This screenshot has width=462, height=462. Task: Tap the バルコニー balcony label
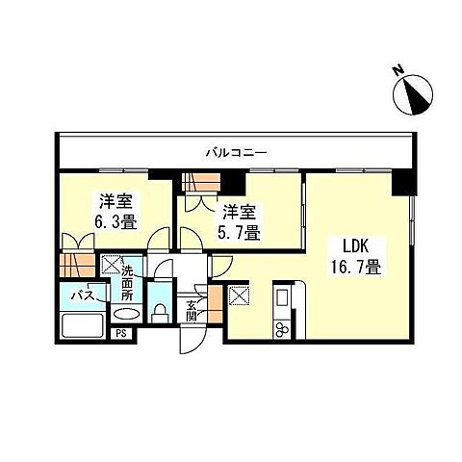tap(235, 151)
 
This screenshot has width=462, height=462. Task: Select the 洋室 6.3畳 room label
tap(115, 211)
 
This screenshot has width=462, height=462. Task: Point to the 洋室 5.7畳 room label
tap(238, 222)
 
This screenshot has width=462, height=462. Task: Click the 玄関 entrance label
tap(191, 310)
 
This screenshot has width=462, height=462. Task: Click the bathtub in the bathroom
tap(85, 323)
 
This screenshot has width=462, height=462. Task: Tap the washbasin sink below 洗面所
tap(125, 314)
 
